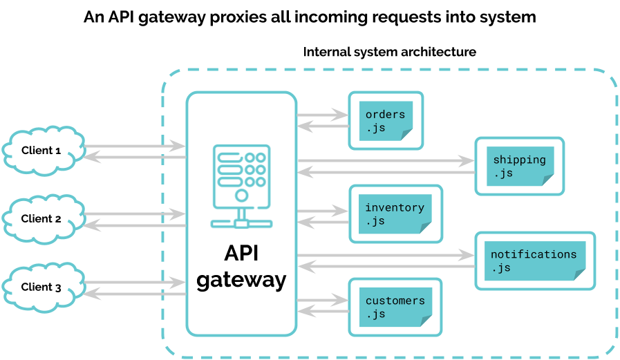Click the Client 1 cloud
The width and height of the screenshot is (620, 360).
pos(42,150)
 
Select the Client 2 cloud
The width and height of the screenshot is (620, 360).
pos(42,218)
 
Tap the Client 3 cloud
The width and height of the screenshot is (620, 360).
pos(42,287)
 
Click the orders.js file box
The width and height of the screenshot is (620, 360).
pos(385,121)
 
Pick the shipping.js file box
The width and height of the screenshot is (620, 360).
pos(519,166)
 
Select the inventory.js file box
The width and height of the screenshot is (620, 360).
pos(394,214)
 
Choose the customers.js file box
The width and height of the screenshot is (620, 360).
pos(395,307)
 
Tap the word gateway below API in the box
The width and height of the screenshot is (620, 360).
pos(241,280)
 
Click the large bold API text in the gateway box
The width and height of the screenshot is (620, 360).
pos(241,254)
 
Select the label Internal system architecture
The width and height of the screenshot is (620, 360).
pos(390,53)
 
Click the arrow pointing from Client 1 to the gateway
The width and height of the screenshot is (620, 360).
pos(135,146)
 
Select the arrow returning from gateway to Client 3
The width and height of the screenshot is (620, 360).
pos(135,294)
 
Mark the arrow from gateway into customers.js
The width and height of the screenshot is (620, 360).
pos(322,300)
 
